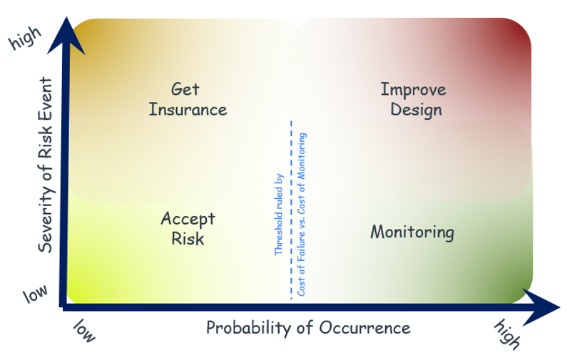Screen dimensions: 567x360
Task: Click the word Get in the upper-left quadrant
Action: click(x=185, y=89)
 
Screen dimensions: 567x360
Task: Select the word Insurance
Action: click(x=188, y=110)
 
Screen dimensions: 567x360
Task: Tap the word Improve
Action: click(x=414, y=90)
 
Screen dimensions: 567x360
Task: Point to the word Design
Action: click(x=417, y=110)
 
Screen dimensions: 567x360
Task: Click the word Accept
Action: click(x=188, y=219)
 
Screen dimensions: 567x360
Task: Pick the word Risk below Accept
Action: click(x=188, y=239)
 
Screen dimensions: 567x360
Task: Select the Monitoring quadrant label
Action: click(x=412, y=232)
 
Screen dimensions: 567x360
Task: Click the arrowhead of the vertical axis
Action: click(x=66, y=36)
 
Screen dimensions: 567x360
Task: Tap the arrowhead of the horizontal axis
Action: click(x=541, y=307)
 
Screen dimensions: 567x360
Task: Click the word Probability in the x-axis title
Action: click(x=249, y=328)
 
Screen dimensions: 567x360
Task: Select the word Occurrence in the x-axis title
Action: click(x=364, y=328)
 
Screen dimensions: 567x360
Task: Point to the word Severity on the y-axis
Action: click(x=46, y=217)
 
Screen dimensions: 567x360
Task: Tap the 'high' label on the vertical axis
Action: click(x=25, y=38)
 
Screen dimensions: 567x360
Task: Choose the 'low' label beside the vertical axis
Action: click(x=35, y=294)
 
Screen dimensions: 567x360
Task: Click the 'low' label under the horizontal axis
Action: click(x=84, y=330)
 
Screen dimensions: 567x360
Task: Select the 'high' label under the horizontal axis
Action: click(x=507, y=334)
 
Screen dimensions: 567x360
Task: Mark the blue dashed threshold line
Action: click(x=291, y=210)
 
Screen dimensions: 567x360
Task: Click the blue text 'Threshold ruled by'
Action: click(x=279, y=215)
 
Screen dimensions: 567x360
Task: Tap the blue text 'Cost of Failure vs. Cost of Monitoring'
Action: click(x=302, y=215)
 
